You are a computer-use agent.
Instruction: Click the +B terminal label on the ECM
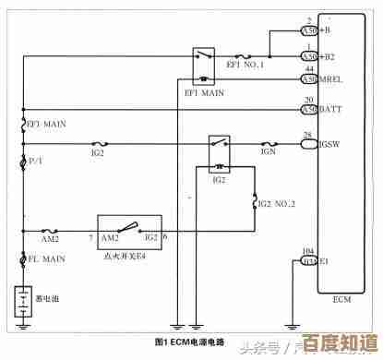pos(326,30)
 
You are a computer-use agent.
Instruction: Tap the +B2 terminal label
pos(328,56)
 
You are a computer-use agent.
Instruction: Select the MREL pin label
pos(331,79)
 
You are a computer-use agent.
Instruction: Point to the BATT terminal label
pos(330,110)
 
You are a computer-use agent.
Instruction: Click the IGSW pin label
pos(330,145)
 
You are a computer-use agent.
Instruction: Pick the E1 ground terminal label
pos(324,262)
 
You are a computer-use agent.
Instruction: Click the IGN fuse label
pos(269,152)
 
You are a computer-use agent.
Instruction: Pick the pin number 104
pos(308,252)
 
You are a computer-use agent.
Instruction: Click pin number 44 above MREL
pos(309,70)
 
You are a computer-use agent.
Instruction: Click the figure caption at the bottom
pos(190,342)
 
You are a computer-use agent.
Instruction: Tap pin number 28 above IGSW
pos(307,136)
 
